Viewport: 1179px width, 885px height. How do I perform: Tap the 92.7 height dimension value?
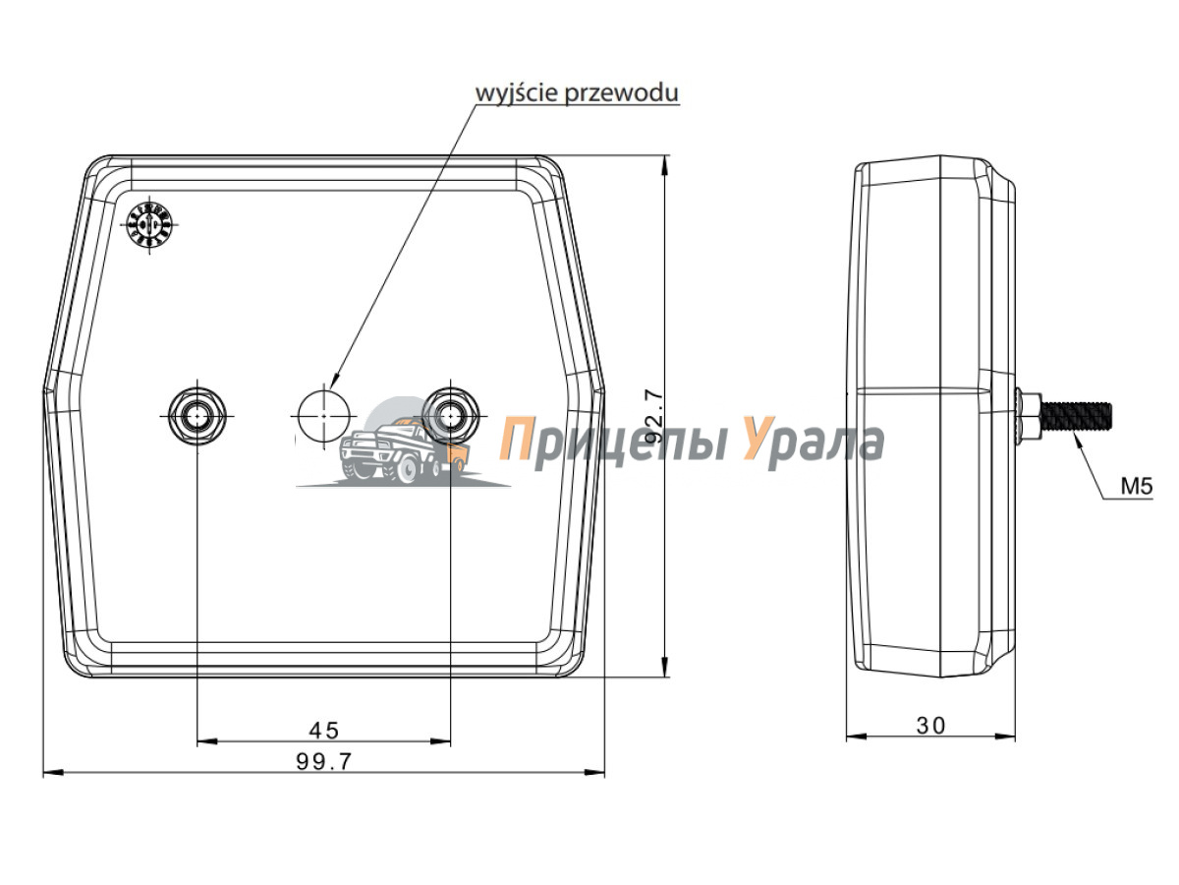(x=653, y=417)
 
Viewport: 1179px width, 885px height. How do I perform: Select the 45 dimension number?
(x=324, y=731)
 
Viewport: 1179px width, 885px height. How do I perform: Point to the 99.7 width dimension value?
(x=324, y=761)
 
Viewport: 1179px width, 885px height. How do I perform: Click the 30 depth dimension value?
(x=930, y=726)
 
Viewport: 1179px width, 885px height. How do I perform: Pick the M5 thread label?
(x=1137, y=487)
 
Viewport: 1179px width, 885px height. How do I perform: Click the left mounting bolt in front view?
(x=197, y=415)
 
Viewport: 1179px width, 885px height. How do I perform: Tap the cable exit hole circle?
(x=324, y=415)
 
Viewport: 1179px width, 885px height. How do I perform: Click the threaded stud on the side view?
(x=1077, y=416)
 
